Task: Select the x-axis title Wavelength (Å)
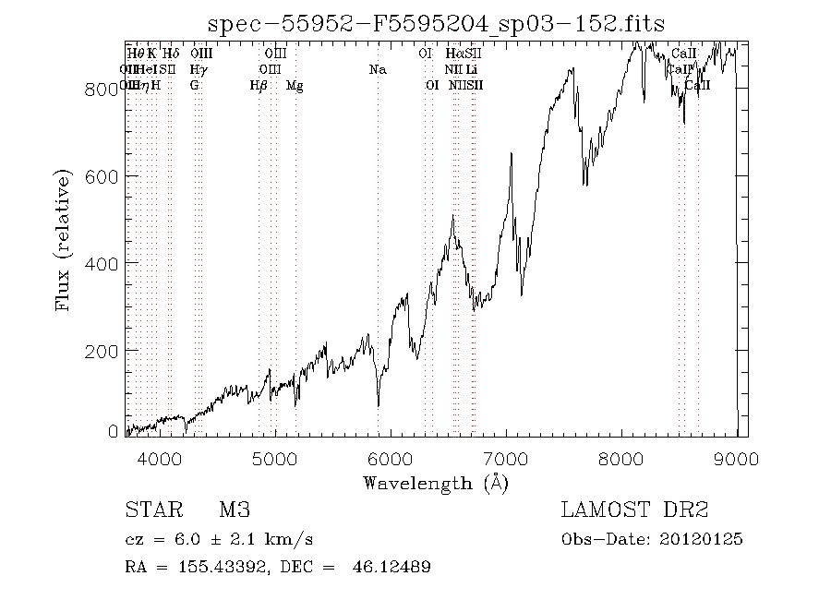pyautogui.click(x=435, y=482)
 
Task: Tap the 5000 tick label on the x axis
pyautogui.click(x=274, y=459)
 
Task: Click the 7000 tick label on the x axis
pyautogui.click(x=506, y=459)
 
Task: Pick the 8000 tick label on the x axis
pyautogui.click(x=621, y=459)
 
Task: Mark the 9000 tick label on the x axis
pyautogui.click(x=737, y=459)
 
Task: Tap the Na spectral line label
pyautogui.click(x=377, y=69)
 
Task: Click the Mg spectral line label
pyautogui.click(x=295, y=86)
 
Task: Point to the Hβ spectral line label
pyautogui.click(x=259, y=86)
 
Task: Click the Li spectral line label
pyautogui.click(x=472, y=69)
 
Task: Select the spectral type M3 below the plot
pyautogui.click(x=235, y=510)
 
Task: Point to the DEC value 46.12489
pyautogui.click(x=391, y=566)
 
